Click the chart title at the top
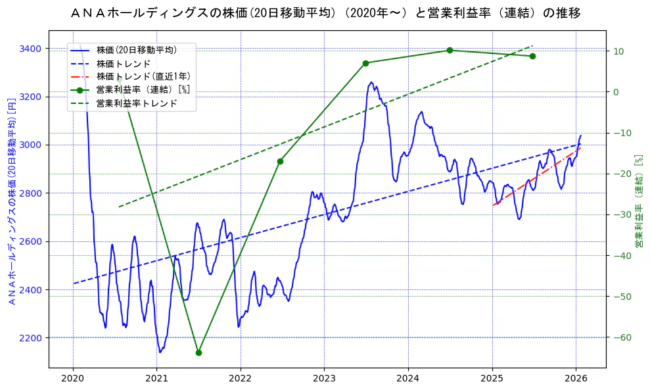325,12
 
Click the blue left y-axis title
11,200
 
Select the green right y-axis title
638,201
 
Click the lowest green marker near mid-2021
198,353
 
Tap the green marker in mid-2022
280,161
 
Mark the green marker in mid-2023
365,63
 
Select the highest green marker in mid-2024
450,50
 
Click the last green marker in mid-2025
532,56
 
